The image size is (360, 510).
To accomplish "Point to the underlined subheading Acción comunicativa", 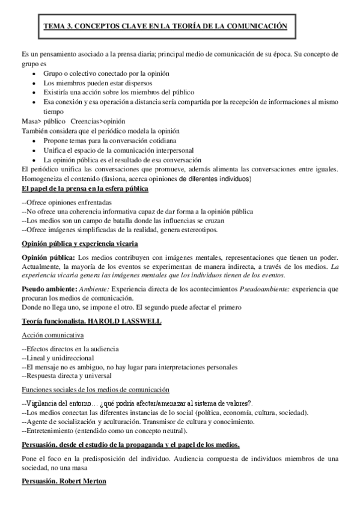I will pos(52,334).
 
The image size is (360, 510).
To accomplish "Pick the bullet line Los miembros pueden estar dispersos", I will pos(97,82).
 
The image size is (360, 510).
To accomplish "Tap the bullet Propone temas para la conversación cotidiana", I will pos(115,139).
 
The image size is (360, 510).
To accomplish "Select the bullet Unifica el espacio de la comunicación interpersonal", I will pos(126,149).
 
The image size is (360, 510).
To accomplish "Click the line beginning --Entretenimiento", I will pos(104,431).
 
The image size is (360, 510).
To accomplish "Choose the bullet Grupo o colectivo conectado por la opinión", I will pos(106,73).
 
